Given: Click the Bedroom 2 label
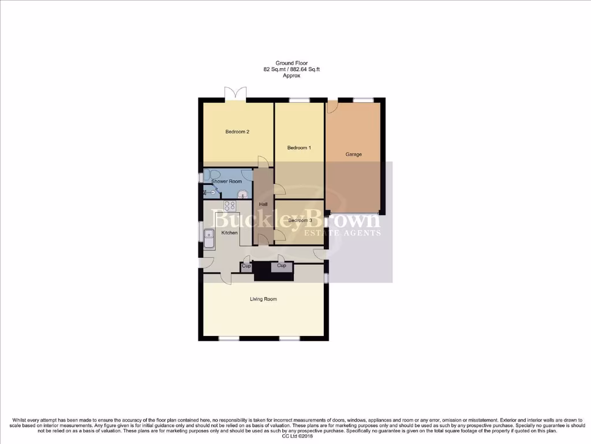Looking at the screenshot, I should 237,132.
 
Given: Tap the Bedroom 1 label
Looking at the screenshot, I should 300,148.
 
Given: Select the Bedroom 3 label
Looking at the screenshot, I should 300,220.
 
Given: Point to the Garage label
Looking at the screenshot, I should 354,154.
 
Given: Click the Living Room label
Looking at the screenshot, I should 263,299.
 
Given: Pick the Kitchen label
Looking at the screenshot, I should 230,233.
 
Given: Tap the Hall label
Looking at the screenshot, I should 263,205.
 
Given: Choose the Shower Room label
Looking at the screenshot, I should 227,182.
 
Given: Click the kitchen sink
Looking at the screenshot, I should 209,239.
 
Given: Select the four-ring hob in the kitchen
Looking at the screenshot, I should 230,205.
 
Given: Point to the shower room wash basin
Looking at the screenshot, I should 243,194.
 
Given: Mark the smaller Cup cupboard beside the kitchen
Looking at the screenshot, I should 246,267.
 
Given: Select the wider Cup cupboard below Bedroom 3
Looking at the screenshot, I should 282,266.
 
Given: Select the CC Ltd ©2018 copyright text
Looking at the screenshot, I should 295,436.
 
